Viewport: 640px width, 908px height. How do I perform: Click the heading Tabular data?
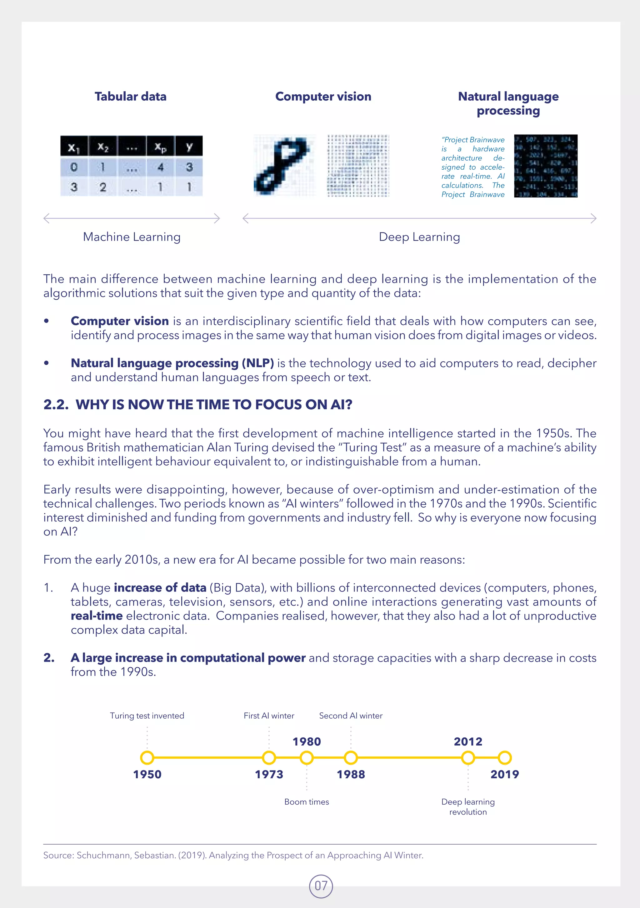coord(131,97)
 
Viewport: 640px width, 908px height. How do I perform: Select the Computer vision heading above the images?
coord(323,97)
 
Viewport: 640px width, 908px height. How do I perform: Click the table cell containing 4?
coord(160,167)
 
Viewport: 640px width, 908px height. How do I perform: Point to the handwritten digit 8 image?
coord(284,166)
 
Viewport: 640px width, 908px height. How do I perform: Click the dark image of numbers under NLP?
coord(545,166)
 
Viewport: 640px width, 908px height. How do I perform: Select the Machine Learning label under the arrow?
coord(132,237)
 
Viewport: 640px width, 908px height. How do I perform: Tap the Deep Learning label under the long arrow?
coord(419,237)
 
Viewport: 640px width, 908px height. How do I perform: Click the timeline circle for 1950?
coord(147,758)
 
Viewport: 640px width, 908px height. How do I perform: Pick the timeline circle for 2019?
coord(505,758)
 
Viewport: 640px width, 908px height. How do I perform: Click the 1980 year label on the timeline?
coord(307,741)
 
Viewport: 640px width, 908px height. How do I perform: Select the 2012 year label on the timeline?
coord(468,741)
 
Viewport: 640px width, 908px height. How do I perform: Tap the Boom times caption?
coord(307,802)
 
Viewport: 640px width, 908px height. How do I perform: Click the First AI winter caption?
coord(269,716)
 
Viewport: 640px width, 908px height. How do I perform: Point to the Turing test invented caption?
coord(147,716)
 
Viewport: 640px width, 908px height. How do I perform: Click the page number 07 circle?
coord(321,886)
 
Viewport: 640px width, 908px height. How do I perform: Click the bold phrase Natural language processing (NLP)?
coord(172,363)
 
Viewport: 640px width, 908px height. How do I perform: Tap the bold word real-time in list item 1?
coord(97,616)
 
